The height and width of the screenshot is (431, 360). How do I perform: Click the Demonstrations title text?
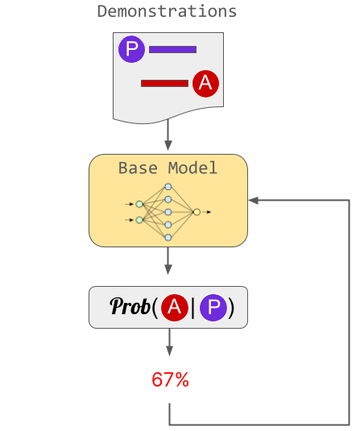167,11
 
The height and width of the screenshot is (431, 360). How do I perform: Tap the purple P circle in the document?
131,49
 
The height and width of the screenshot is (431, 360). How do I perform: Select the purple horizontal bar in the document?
172,49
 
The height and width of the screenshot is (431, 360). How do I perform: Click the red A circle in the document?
206,84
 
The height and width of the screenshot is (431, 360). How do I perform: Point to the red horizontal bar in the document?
164,83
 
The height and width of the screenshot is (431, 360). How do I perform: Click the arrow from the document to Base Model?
168,135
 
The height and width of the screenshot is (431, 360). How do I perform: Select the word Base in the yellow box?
138,168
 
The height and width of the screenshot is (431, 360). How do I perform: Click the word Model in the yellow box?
192,168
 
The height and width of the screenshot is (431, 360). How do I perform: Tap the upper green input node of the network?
139,204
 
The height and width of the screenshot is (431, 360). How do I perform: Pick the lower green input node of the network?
139,220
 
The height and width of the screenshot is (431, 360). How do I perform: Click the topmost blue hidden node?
168,187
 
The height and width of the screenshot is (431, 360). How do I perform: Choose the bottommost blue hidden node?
168,238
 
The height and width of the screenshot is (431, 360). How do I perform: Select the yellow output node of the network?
197,212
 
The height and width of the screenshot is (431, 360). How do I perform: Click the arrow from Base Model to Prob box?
168,260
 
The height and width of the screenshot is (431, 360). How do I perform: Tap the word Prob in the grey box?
130,306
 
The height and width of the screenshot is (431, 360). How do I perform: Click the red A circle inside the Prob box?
175,308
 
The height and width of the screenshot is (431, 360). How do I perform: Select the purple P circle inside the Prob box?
213,308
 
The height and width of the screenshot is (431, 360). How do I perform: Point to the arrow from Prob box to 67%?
170,342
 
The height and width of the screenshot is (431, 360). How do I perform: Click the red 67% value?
171,379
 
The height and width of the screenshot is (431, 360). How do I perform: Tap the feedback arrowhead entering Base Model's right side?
253,201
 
